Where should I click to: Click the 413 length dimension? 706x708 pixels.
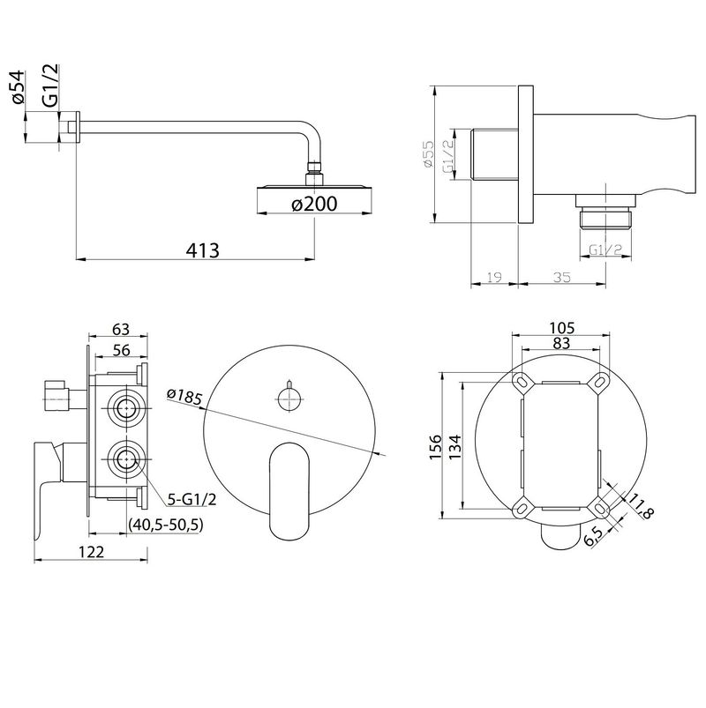202,250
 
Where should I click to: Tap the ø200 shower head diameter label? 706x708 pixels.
314,204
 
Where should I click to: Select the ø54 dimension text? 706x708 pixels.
17,87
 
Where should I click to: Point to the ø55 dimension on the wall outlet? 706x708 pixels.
428,154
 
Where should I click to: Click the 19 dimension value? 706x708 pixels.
494,277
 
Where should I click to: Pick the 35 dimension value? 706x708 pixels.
561,277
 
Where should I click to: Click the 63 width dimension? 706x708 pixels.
121,329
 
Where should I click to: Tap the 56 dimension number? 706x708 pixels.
121,350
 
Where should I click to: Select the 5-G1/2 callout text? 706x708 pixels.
192,499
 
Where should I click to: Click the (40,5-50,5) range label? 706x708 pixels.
166,525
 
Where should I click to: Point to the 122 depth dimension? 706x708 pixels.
91,551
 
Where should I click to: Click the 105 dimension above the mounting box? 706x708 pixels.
561,327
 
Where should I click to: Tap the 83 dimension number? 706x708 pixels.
561,344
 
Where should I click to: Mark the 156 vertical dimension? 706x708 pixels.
435,446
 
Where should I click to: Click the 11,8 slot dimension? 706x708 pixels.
642,506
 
